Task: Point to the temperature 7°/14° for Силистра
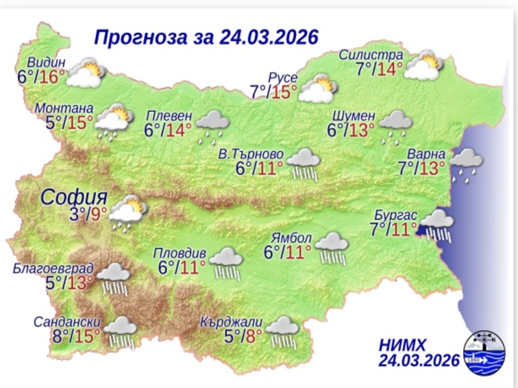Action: (x=379, y=68)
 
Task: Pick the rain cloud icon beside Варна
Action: (x=466, y=163)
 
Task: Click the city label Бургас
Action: (x=395, y=214)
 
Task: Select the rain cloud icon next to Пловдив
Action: (x=225, y=262)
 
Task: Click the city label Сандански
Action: (x=68, y=322)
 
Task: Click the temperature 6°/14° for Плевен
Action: (x=168, y=130)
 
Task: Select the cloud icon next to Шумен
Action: (x=395, y=124)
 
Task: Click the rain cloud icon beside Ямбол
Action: (x=333, y=246)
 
